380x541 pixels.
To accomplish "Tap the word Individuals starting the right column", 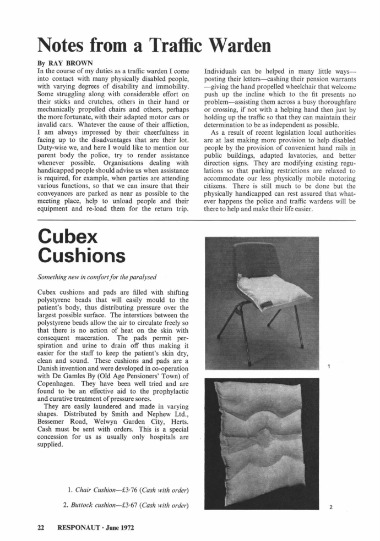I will (x=224, y=71).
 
